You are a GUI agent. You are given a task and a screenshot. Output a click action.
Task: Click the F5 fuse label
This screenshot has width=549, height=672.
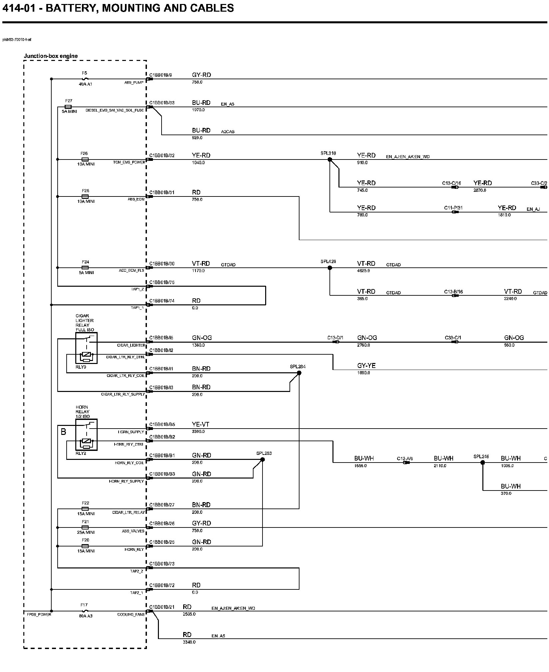point(84,73)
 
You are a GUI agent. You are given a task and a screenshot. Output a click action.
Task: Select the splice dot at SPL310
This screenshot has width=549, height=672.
point(330,160)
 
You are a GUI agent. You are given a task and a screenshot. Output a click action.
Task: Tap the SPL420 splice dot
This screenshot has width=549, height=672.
point(330,268)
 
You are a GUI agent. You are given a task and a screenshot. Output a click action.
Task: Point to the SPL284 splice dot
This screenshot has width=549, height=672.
point(299,373)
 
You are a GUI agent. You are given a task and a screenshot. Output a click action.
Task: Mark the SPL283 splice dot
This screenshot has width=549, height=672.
point(262,460)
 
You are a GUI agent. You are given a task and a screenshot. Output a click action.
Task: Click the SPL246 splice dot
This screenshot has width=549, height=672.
point(483,463)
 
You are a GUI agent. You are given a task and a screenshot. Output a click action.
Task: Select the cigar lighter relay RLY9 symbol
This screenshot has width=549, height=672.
point(86,348)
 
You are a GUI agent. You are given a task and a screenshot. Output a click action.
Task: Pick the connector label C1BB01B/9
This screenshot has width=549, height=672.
point(161,75)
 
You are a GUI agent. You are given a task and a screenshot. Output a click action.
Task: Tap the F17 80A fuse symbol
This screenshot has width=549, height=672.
point(85,611)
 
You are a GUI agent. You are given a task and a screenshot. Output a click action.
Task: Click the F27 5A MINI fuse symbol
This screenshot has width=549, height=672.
point(68,107)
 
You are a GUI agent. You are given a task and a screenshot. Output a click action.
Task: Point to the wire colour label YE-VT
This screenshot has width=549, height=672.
point(201,425)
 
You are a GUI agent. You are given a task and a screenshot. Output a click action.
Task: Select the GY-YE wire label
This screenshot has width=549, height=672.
point(366,366)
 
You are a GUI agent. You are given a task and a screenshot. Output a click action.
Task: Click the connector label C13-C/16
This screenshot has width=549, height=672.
point(451,183)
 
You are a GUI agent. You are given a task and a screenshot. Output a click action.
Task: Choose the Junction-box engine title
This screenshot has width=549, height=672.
point(51,56)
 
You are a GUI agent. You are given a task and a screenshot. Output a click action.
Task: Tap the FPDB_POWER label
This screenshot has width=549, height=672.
point(39,614)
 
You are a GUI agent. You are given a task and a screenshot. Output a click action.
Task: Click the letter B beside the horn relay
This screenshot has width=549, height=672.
point(63,432)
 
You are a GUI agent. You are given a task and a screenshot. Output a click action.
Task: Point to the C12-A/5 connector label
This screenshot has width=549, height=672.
point(405,459)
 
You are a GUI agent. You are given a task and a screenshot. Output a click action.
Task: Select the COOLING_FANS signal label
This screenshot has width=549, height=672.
point(131,614)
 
